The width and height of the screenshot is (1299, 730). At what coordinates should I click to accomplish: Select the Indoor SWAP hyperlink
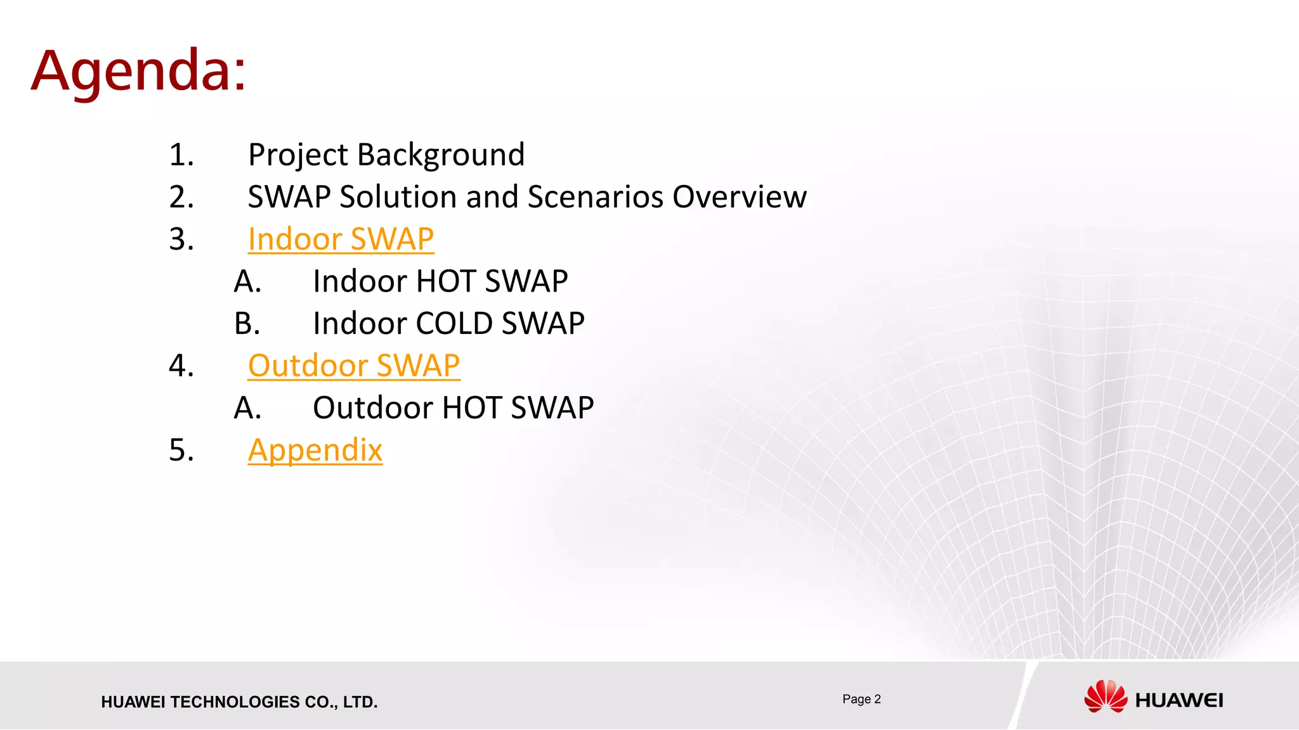(341, 240)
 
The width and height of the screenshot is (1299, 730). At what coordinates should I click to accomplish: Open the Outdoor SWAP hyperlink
(353, 366)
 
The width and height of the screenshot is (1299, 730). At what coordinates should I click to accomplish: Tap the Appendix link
(315, 451)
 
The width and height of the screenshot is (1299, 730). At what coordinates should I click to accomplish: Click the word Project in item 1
(297, 155)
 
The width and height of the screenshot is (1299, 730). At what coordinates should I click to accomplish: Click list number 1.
(181, 155)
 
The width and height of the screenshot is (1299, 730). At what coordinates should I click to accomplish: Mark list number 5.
(181, 451)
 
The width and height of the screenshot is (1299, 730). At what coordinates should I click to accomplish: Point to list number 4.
(181, 366)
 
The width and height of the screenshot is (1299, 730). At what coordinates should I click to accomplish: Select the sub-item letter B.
(247, 324)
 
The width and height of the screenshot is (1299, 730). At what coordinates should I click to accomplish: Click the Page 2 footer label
(861, 699)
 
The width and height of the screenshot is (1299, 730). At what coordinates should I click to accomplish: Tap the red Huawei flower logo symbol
(1106, 696)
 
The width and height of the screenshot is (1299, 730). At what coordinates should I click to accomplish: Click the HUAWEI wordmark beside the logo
(1179, 700)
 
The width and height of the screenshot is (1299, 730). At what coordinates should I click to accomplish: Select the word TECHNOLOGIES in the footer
(235, 702)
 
